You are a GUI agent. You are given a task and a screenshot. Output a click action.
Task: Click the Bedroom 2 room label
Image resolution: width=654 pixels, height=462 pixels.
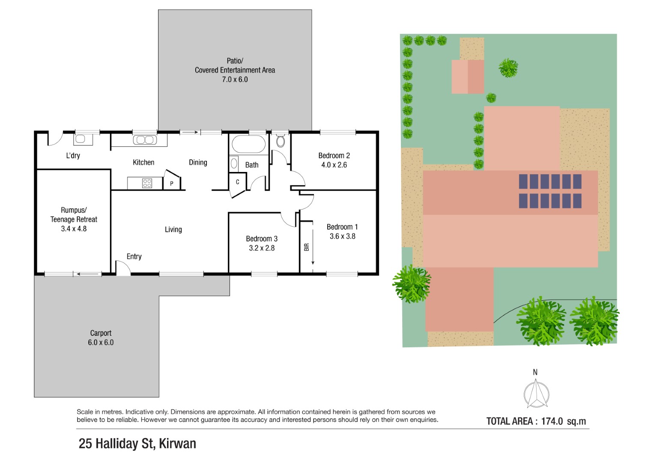[334, 155]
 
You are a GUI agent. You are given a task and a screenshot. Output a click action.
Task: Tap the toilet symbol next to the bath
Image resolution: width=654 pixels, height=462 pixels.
[280, 140]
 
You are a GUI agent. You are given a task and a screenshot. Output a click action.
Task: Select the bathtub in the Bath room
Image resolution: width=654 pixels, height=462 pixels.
[248, 144]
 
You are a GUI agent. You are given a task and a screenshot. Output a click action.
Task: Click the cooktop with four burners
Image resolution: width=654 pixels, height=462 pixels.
[147, 183]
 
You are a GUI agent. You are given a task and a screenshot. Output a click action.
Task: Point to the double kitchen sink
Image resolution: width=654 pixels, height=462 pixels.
[145, 140]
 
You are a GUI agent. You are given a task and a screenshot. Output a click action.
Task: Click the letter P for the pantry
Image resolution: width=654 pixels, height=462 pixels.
[172, 184]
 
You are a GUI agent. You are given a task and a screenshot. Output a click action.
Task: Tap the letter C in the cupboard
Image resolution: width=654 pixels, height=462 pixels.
[237, 182]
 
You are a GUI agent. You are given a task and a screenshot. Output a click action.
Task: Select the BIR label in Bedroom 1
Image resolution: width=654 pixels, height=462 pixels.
[307, 247]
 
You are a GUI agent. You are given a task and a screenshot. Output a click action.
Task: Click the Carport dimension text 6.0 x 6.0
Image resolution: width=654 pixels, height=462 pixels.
[101, 342]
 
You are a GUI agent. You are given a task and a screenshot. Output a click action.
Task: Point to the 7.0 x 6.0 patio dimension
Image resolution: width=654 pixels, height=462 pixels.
[235, 79]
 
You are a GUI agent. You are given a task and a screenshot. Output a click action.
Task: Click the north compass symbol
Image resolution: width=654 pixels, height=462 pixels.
[536, 393]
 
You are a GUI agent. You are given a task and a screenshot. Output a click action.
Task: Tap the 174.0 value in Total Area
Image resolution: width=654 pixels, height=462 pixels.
[552, 421]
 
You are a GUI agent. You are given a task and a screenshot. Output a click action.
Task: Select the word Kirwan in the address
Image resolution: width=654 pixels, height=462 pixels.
[177, 444]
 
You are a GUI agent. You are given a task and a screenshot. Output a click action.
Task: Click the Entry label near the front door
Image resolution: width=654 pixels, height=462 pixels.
[134, 256]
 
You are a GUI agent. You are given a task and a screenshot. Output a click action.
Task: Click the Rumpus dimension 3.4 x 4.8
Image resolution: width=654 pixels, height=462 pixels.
[74, 229]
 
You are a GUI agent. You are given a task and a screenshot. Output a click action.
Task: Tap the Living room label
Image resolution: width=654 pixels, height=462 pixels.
[173, 230]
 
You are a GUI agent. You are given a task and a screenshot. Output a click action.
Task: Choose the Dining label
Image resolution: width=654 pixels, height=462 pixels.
[198, 163]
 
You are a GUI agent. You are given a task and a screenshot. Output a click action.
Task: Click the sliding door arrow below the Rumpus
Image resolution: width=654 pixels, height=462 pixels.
[88, 274]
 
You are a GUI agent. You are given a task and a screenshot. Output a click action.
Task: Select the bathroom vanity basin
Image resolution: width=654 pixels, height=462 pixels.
[234, 163]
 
